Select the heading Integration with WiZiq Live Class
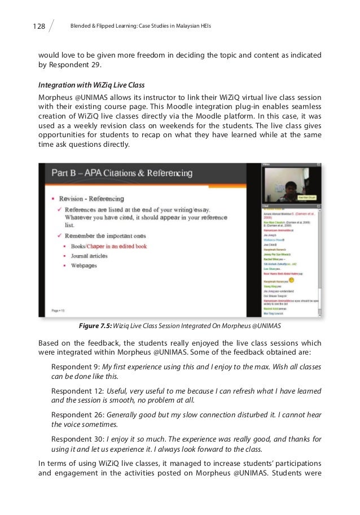(91, 85)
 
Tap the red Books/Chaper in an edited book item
(109, 246)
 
